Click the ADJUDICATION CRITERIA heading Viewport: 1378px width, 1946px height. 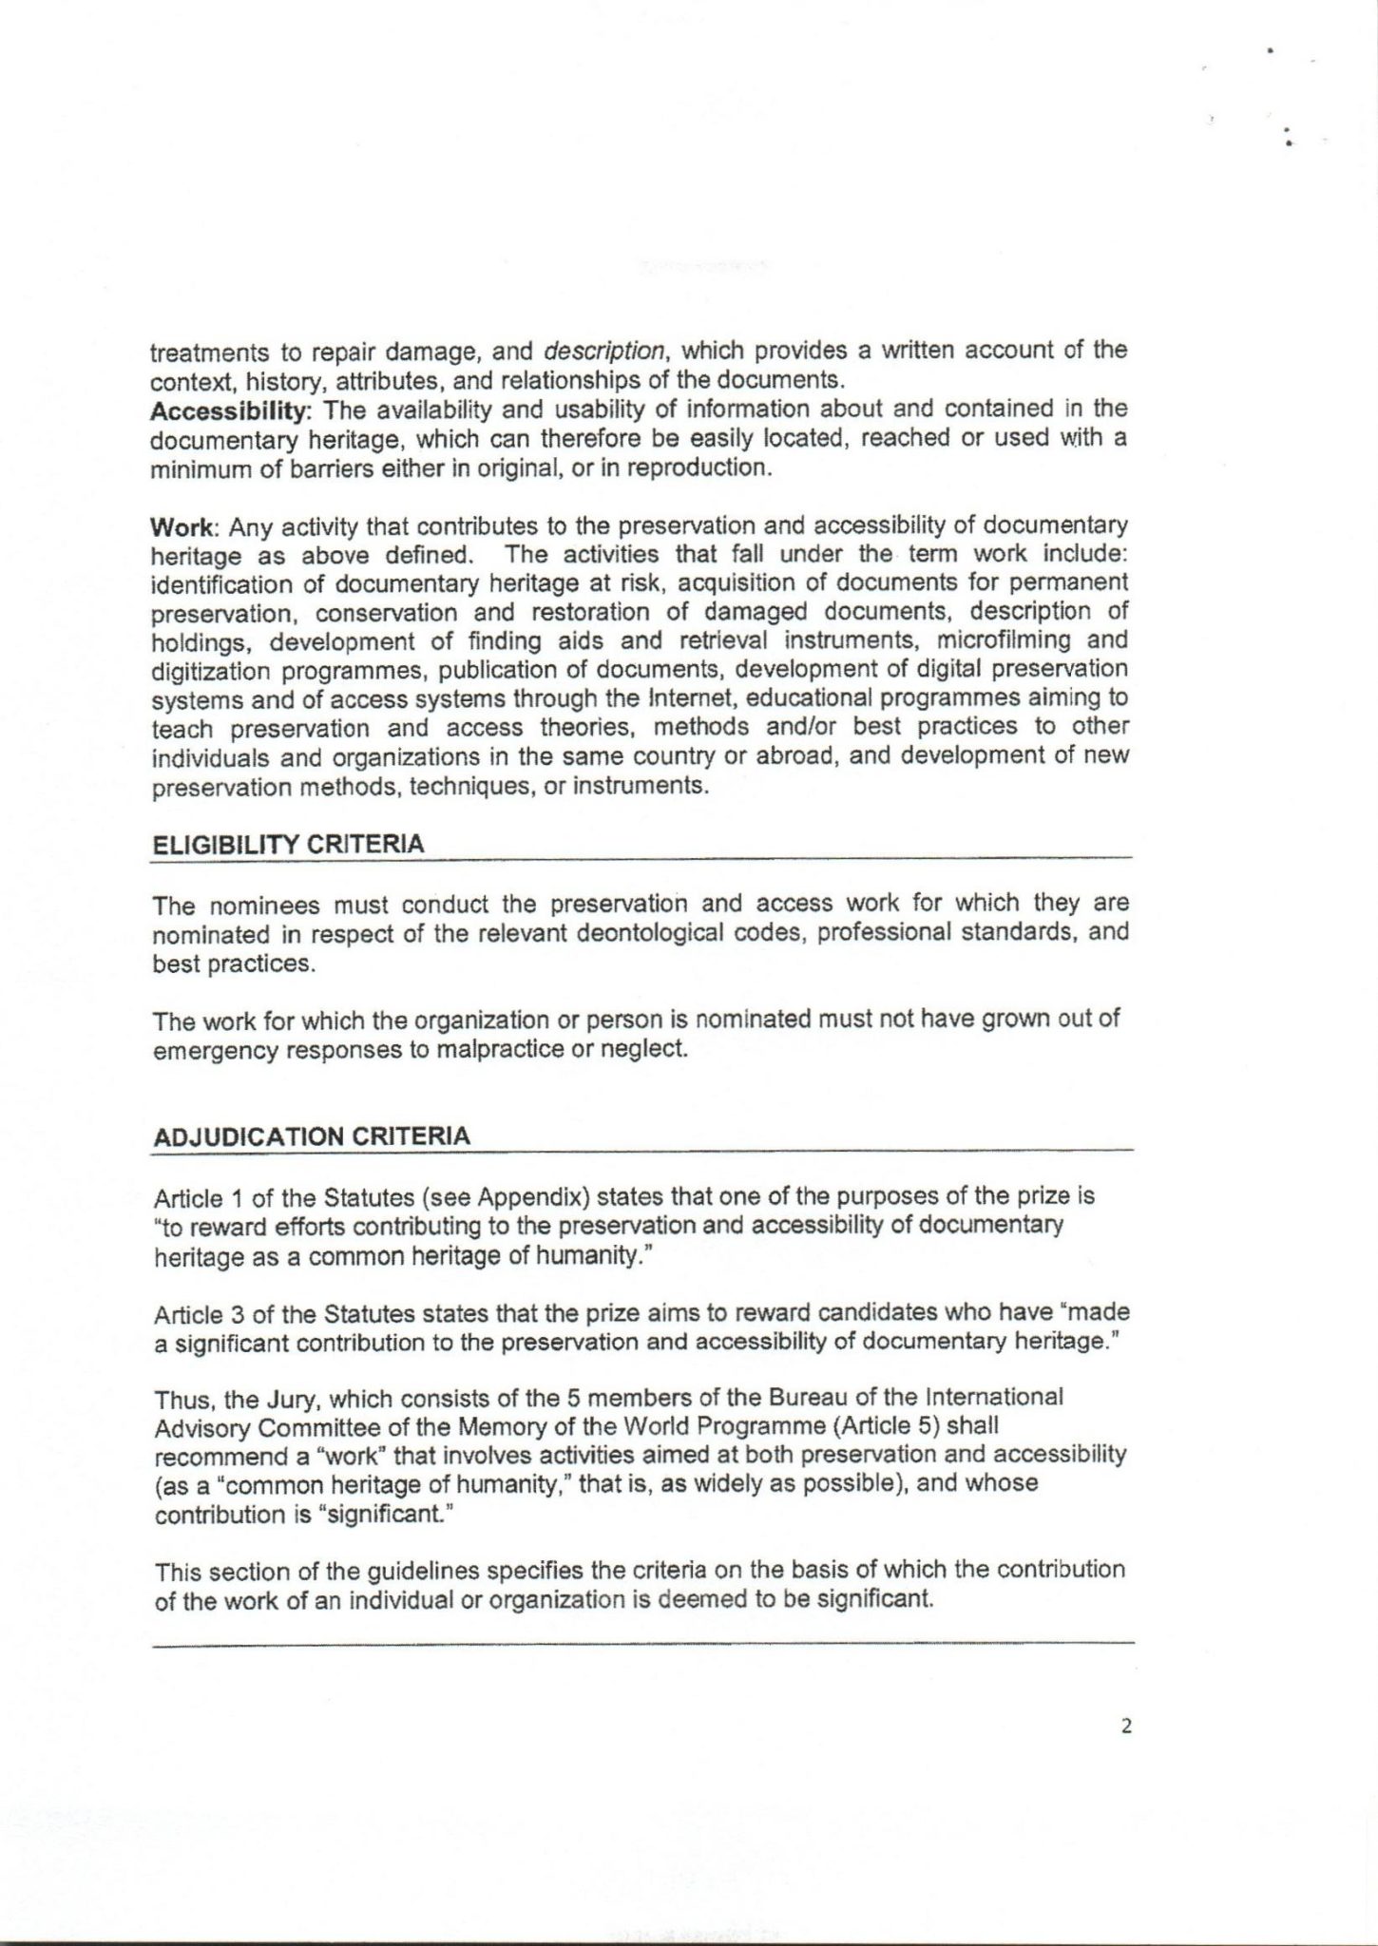[x=311, y=1136]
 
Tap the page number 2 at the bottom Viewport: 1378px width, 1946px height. [x=1126, y=1727]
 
